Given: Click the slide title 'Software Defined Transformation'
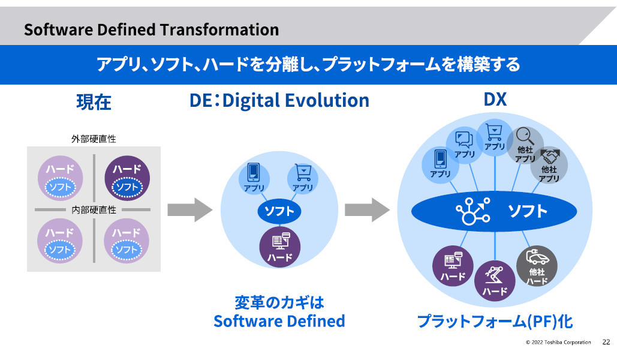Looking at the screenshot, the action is tap(152, 30).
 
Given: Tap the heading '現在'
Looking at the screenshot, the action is tap(94, 102).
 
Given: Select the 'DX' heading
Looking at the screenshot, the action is tap(495, 100).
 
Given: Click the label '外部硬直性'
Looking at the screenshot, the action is tap(94, 139).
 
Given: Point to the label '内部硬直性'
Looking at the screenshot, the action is tap(94, 209).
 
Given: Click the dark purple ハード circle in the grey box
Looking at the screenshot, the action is tap(127, 178).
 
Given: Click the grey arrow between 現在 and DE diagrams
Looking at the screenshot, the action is tap(190, 210).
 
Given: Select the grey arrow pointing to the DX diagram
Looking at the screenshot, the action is tap(367, 210).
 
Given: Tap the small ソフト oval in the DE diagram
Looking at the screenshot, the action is tap(279, 212).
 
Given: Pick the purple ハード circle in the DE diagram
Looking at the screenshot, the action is tap(280, 247).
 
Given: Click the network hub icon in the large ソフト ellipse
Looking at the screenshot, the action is tap(473, 211).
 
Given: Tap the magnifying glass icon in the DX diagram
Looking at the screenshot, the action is tap(525, 136).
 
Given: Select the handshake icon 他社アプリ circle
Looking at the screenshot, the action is tap(549, 165).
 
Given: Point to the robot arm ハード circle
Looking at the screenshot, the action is tap(495, 281).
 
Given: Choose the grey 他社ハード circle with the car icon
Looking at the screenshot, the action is tap(537, 266).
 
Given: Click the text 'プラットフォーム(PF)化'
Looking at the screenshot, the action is tap(495, 322).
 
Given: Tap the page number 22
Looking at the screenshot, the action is tap(606, 342).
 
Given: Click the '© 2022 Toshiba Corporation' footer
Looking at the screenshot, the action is tap(558, 342).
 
